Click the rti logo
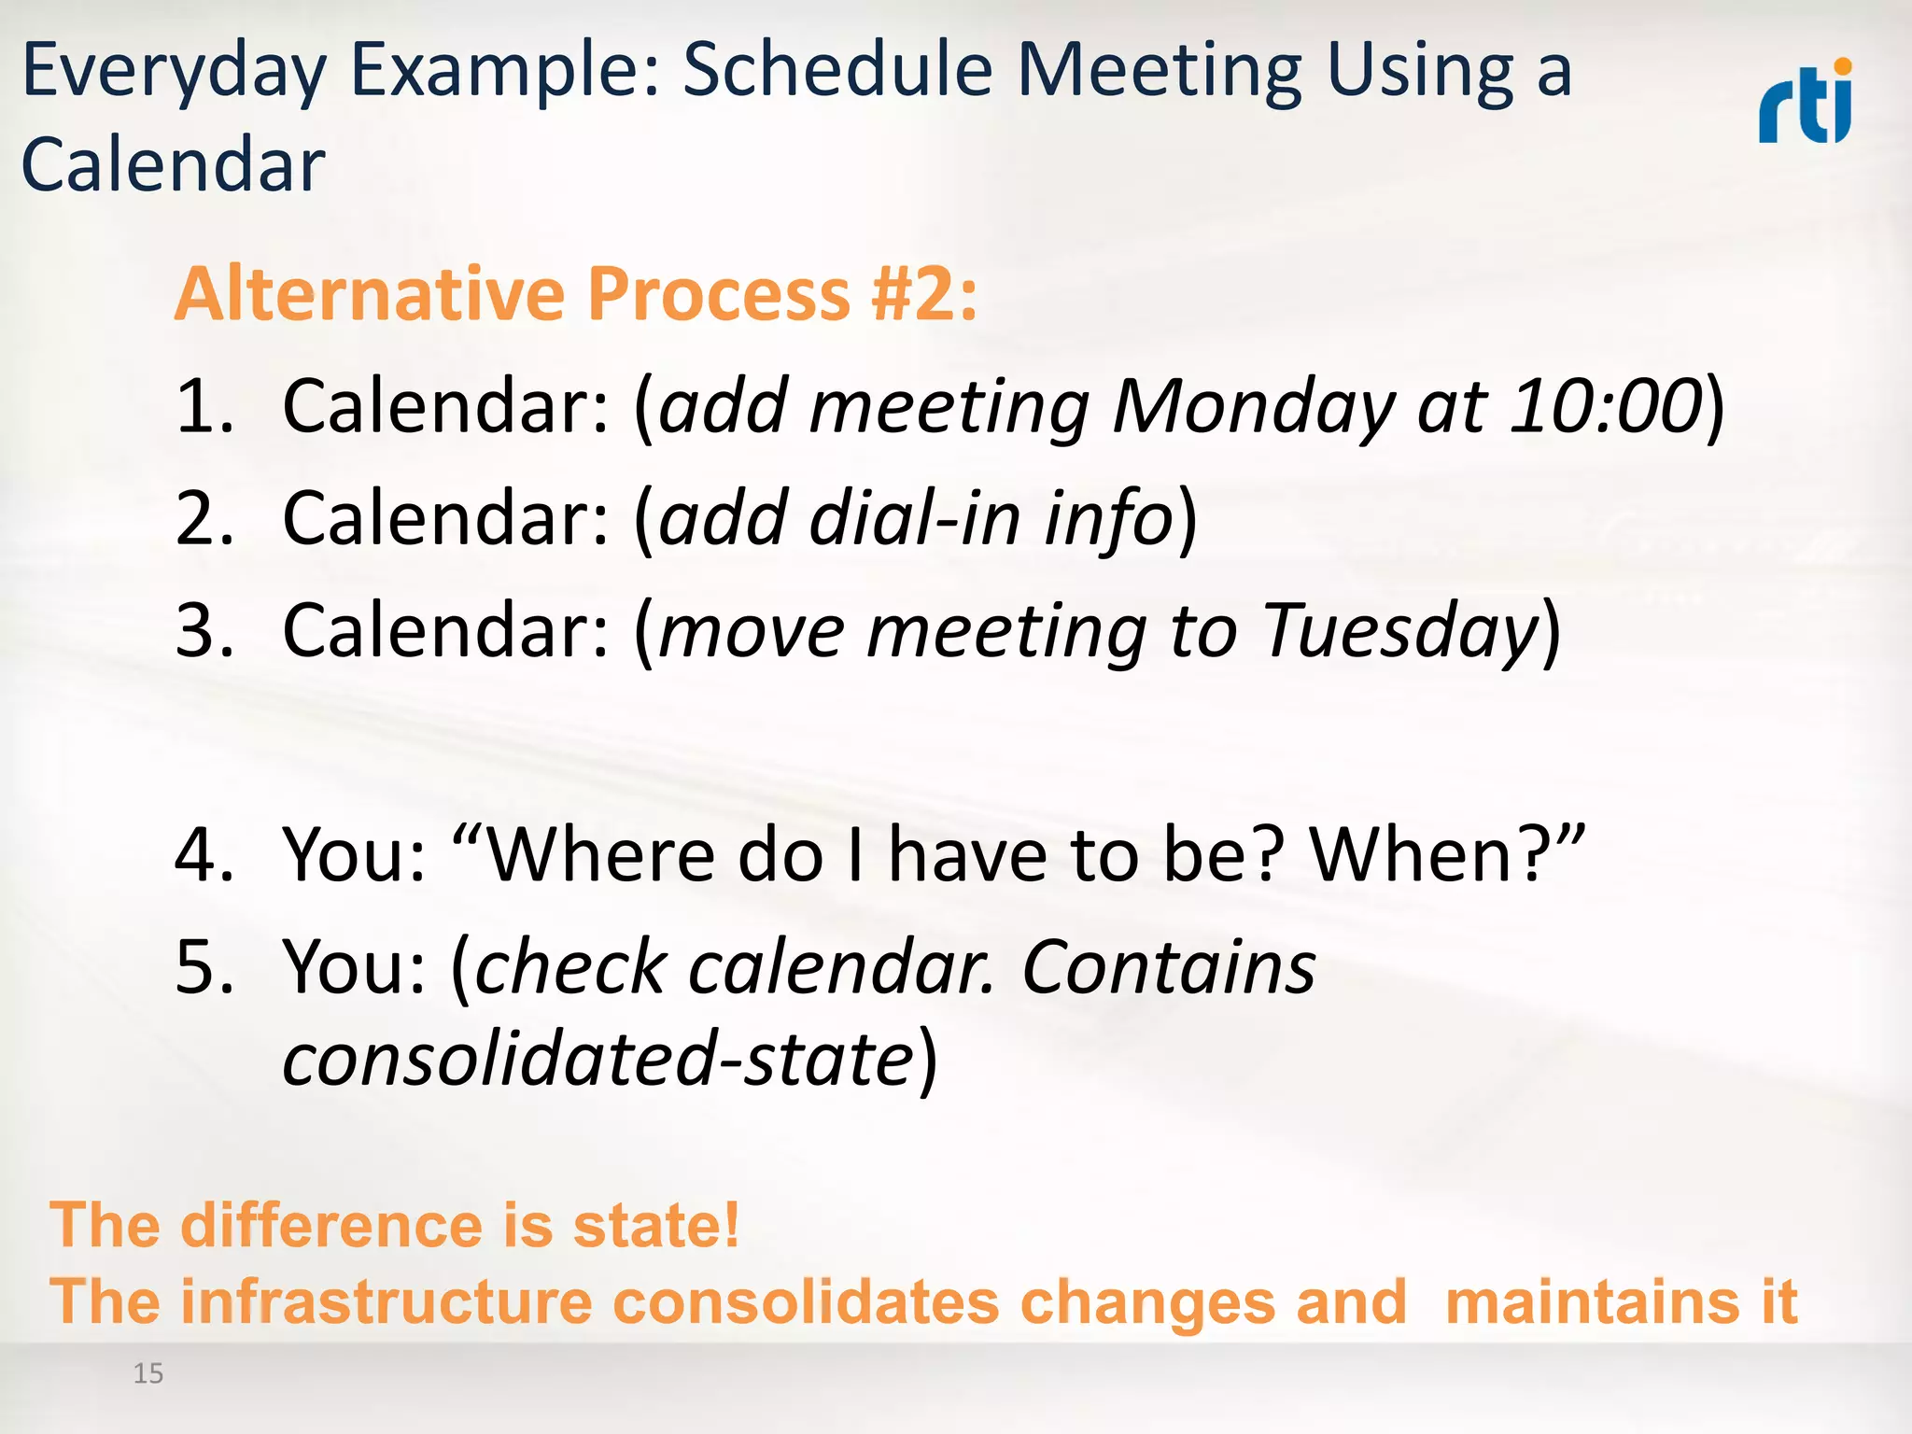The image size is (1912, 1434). [1805, 103]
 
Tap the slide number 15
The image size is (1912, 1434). [148, 1373]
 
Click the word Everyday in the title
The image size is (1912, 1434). [174, 73]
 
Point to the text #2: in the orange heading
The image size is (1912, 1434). [923, 294]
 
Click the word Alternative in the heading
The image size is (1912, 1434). [370, 294]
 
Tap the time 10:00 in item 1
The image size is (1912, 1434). [1607, 406]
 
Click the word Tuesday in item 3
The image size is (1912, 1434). [1400, 632]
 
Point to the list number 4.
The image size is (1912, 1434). [204, 854]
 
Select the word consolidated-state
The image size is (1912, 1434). [598, 1060]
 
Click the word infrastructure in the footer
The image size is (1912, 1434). [387, 1301]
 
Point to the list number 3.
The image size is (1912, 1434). [204, 630]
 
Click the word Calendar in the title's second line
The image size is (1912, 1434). [174, 165]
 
